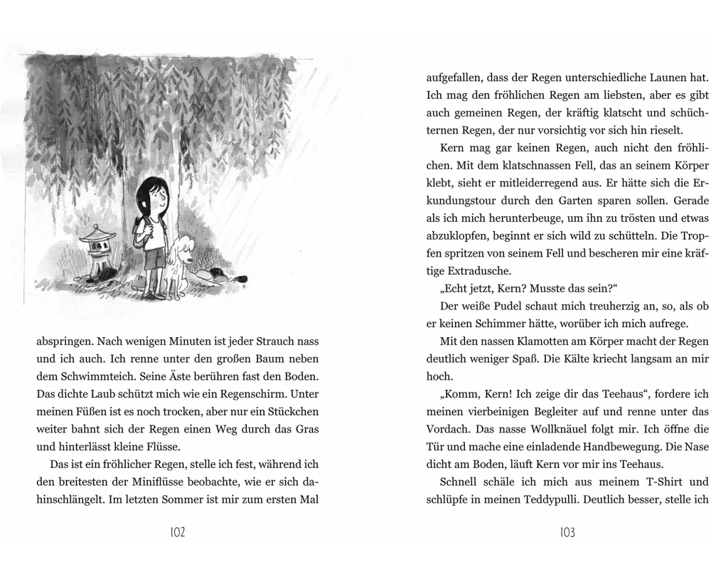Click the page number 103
pos(566,533)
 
